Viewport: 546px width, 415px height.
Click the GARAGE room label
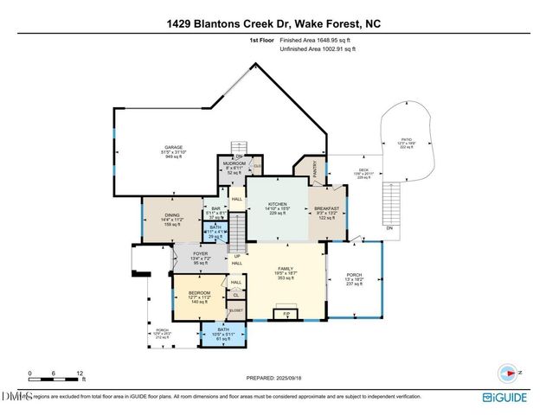pos(174,147)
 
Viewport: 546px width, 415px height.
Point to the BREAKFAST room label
pos(326,208)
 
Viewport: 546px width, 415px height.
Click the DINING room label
pos(172,214)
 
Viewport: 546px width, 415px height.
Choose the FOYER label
pos(201,252)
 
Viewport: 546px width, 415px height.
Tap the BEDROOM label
pos(200,293)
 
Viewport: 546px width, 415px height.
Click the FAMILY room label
pos(286,269)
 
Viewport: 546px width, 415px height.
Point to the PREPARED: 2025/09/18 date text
pos(273,377)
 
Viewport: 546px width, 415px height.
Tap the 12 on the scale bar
pos(80,373)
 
